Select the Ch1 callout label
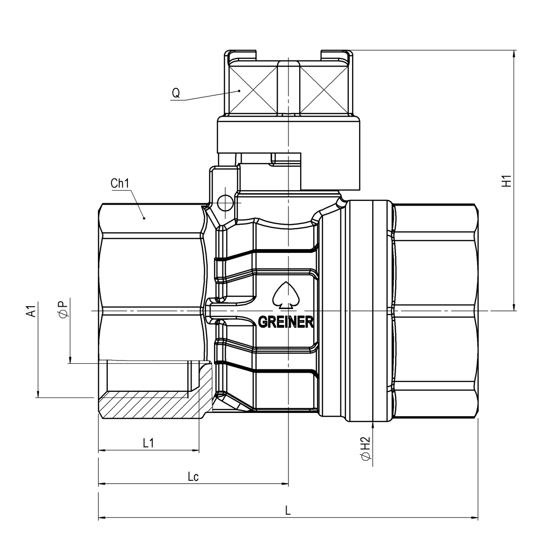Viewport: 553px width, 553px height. coord(120,184)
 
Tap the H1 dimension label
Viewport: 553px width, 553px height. coord(506,181)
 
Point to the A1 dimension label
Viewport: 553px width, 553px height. coord(31,311)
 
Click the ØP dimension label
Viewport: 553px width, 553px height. coord(64,309)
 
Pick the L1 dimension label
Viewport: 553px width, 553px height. coord(148,443)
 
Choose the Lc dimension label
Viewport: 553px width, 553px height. coord(193,477)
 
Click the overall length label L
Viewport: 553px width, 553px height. coord(288,511)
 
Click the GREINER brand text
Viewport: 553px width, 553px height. coord(286,323)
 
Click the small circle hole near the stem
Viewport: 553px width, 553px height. coord(224,202)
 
